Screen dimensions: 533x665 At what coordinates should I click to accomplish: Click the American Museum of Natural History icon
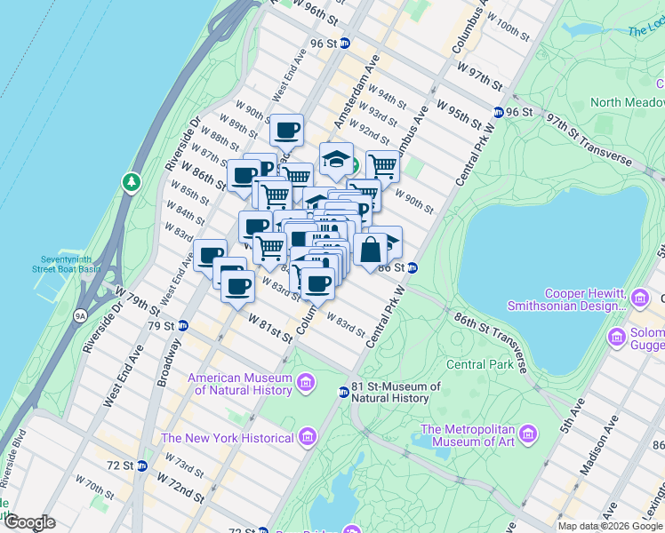(x=307, y=383)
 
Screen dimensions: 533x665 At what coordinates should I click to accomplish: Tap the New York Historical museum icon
(x=307, y=437)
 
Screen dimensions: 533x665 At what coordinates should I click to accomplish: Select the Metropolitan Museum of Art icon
(x=529, y=434)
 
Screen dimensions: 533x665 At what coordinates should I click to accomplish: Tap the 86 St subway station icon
(x=413, y=267)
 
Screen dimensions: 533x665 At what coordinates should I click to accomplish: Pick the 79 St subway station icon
(x=182, y=325)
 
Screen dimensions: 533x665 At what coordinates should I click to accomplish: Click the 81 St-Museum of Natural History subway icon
(x=343, y=392)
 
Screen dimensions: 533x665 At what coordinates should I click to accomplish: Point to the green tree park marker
(x=132, y=182)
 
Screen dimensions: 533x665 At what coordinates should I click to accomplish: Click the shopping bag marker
(x=370, y=250)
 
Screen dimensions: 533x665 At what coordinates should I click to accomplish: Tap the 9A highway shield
(x=80, y=314)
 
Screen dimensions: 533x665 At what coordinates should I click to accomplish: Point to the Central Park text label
(x=479, y=364)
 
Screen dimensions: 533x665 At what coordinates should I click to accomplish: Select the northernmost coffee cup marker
(x=286, y=131)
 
